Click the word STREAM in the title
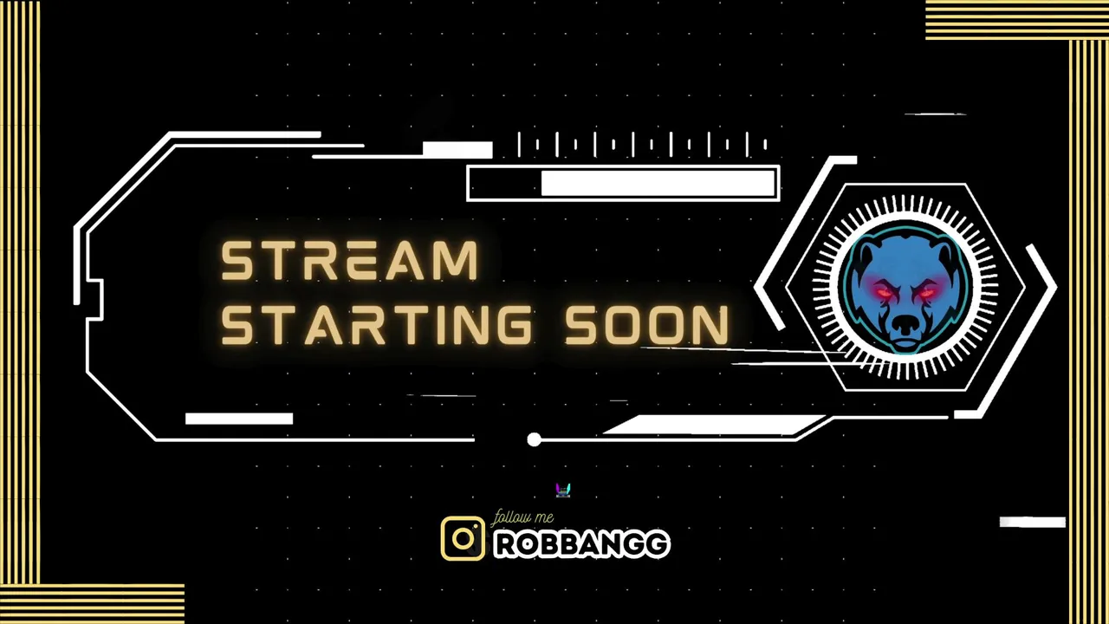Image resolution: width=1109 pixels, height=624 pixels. pyautogui.click(x=349, y=261)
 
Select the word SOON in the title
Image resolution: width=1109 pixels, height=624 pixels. pyautogui.click(x=647, y=324)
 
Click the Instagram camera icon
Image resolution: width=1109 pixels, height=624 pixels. pyautogui.click(x=463, y=538)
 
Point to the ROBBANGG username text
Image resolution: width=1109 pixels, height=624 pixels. pyautogui.click(x=582, y=544)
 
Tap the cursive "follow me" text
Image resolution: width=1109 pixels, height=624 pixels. pyautogui.click(x=522, y=517)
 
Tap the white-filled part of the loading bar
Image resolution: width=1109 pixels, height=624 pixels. pyautogui.click(x=658, y=183)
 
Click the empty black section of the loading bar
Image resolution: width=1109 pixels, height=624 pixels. pyautogui.click(x=505, y=183)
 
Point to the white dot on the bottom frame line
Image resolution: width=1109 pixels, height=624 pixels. pyautogui.click(x=534, y=439)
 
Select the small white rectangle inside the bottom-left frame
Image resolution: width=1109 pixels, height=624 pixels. pyautogui.click(x=239, y=419)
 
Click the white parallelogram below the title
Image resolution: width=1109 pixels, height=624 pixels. pyautogui.click(x=716, y=425)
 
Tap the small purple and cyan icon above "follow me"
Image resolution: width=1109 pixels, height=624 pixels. pyautogui.click(x=563, y=491)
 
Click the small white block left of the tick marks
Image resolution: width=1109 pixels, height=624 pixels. pyautogui.click(x=457, y=150)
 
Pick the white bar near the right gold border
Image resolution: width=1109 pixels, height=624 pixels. pyautogui.click(x=1032, y=522)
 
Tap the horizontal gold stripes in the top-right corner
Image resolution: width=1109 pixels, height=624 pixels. pyautogui.click(x=1017, y=20)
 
